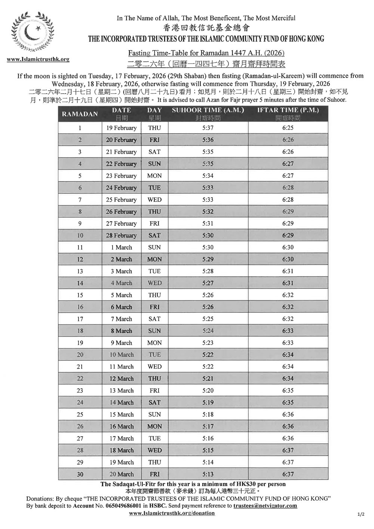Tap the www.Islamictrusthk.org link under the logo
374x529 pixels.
(x=38, y=59)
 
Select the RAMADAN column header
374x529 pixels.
(x=80, y=114)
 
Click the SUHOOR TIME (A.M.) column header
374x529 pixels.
(x=208, y=110)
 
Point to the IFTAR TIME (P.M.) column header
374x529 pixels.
(x=288, y=110)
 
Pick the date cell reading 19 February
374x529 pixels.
(x=121, y=128)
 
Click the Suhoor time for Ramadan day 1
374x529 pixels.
(x=208, y=128)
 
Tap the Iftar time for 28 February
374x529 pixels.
(x=288, y=235)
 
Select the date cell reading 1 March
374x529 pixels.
(x=121, y=247)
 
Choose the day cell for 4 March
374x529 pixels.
(x=154, y=283)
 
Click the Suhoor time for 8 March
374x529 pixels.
(x=208, y=331)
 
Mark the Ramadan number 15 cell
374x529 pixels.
(x=80, y=295)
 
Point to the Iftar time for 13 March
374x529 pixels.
(x=288, y=391)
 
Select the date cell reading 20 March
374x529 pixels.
(x=121, y=474)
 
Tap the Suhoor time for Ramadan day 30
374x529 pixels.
(x=208, y=474)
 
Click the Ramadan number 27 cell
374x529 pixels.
(x=80, y=438)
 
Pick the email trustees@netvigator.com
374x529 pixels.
(x=265, y=505)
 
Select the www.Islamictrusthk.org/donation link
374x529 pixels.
(x=172, y=513)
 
